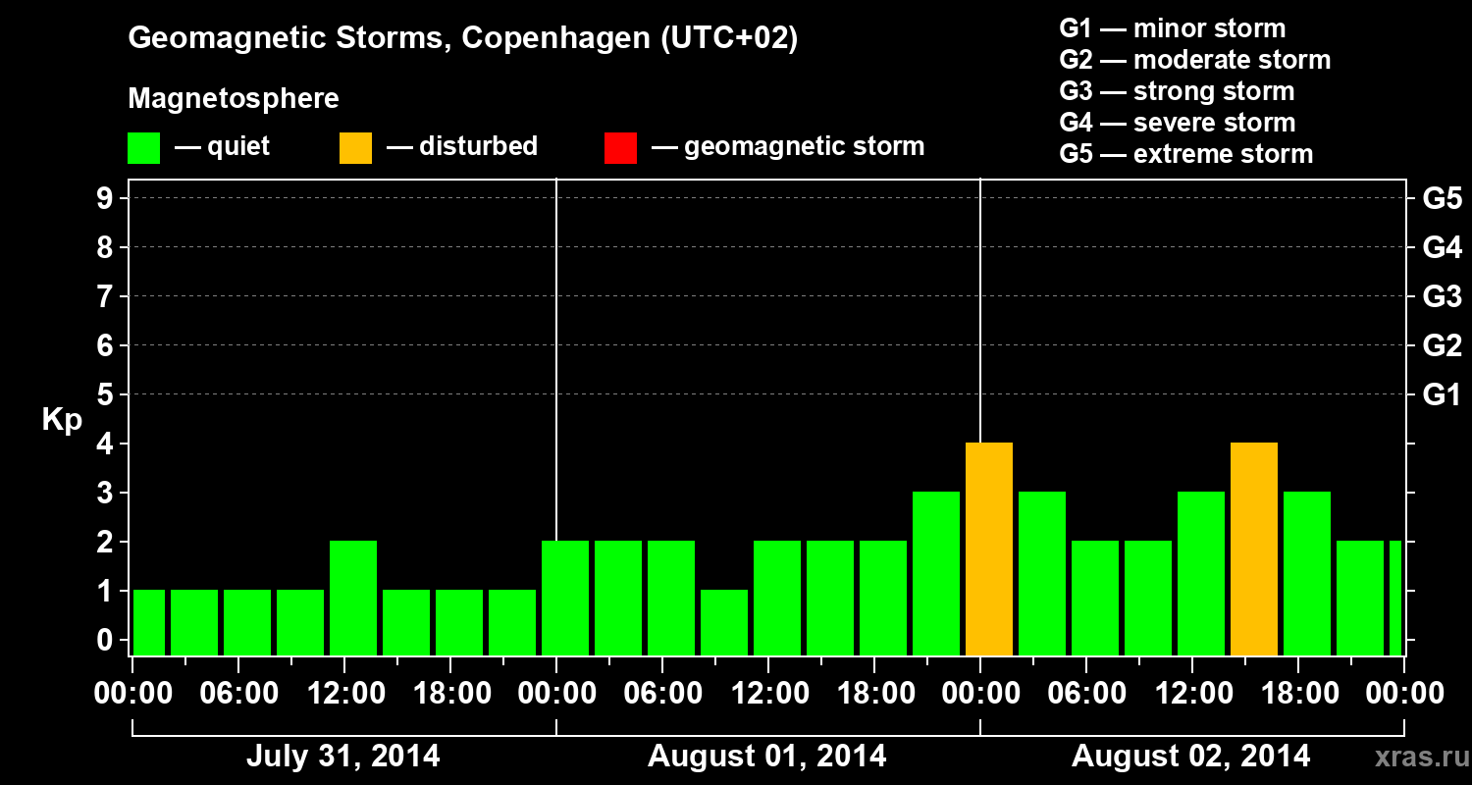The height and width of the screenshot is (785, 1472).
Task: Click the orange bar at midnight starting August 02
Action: [x=988, y=549]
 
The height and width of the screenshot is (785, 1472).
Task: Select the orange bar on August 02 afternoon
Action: [x=1253, y=549]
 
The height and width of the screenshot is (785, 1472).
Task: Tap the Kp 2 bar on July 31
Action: [x=352, y=598]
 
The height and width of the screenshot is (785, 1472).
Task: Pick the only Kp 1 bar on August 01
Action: [x=723, y=622]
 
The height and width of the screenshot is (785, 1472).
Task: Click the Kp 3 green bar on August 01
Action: [x=935, y=573]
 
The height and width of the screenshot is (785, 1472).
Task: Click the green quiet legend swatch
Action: [x=143, y=147]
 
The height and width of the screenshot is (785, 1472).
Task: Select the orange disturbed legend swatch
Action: [x=355, y=147]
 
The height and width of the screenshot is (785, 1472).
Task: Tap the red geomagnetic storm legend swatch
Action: [x=620, y=147]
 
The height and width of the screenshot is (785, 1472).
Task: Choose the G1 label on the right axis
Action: [x=1442, y=395]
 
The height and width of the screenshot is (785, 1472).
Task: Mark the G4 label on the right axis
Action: [x=1442, y=248]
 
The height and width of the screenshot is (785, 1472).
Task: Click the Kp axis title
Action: [x=62, y=420]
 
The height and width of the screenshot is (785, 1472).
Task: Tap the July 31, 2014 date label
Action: [x=342, y=757]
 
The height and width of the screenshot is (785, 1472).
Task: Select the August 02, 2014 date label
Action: [x=1190, y=757]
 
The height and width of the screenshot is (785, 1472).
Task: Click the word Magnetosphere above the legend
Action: [x=234, y=99]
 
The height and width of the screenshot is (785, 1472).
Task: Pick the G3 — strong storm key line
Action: [x=1177, y=91]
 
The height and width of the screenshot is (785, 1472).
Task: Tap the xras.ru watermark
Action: [x=1413, y=758]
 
